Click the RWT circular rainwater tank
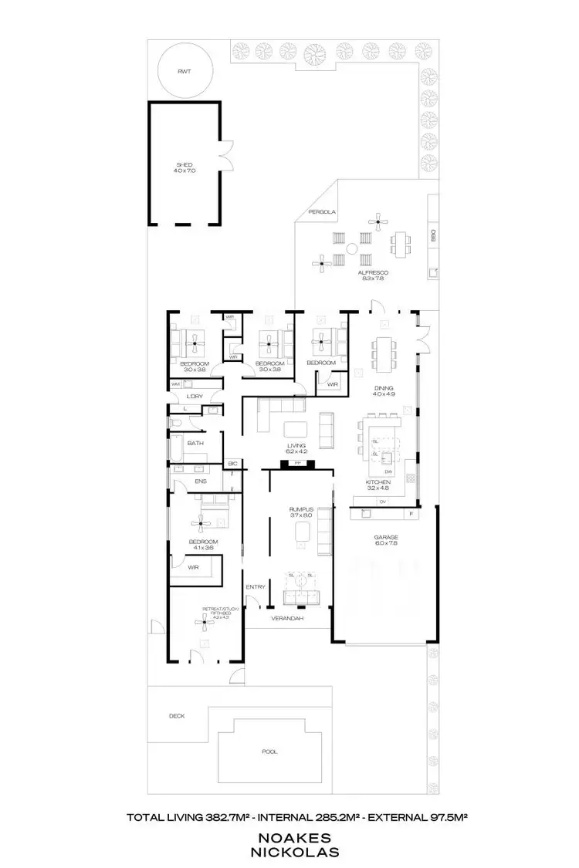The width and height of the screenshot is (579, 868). (184, 72)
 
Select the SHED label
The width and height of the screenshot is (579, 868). (184, 165)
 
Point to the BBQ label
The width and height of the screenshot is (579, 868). (434, 235)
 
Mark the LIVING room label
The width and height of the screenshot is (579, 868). (295, 445)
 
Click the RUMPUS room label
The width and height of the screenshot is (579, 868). (299, 508)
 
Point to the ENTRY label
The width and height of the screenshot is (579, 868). (256, 587)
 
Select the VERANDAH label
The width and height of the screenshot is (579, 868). (286, 619)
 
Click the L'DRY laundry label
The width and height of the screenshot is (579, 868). (195, 397)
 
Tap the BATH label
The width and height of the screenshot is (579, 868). (195, 443)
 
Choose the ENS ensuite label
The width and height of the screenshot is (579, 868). (200, 481)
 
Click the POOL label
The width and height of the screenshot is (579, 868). (269, 751)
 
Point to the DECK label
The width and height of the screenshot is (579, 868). (177, 716)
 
